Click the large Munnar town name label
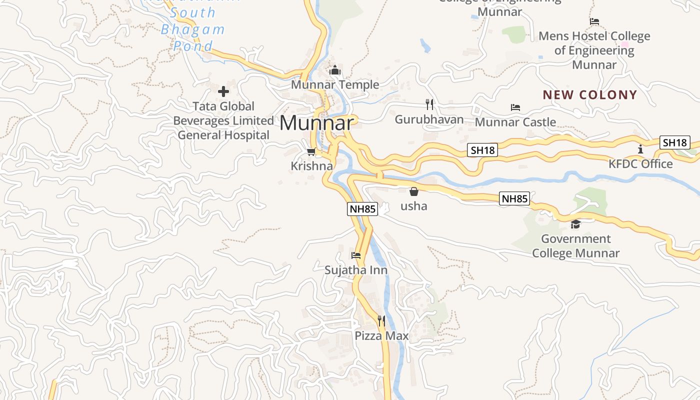317,123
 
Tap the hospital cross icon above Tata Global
223,91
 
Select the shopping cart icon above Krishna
311,151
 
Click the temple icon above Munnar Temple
335,70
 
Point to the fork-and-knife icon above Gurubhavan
429,104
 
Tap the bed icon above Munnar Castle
515,107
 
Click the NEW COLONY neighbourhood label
590,95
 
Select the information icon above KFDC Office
640,149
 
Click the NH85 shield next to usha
514,198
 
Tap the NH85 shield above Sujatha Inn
362,209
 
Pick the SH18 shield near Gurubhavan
482,150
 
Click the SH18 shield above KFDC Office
674,142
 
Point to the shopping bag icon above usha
413,191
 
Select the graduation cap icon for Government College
575,224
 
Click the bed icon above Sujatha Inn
356,255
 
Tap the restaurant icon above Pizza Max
381,320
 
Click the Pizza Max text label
381,335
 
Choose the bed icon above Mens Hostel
594,21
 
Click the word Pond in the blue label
193,46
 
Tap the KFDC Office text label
640,164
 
